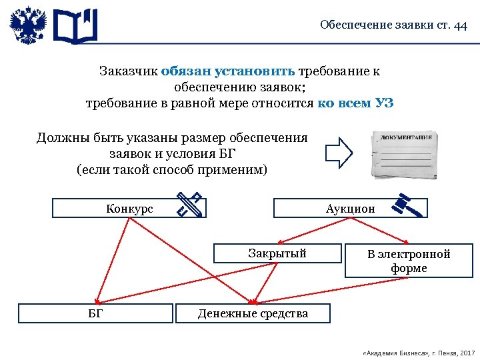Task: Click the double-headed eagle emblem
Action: coord(28,26)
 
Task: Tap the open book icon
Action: coord(75,27)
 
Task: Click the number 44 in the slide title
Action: coord(459,25)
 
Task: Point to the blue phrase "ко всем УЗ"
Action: coord(355,103)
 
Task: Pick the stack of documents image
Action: coord(403,154)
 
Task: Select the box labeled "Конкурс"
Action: coord(129,209)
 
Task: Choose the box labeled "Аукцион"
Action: coord(350,209)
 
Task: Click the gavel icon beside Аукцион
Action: coord(407,204)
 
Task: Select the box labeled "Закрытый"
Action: coord(277,253)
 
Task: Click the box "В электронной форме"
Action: coord(409,261)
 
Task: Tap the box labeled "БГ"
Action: coord(95,313)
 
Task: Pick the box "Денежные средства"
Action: coord(253,313)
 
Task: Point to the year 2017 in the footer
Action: coord(467,351)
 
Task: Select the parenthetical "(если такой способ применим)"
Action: coord(172,169)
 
